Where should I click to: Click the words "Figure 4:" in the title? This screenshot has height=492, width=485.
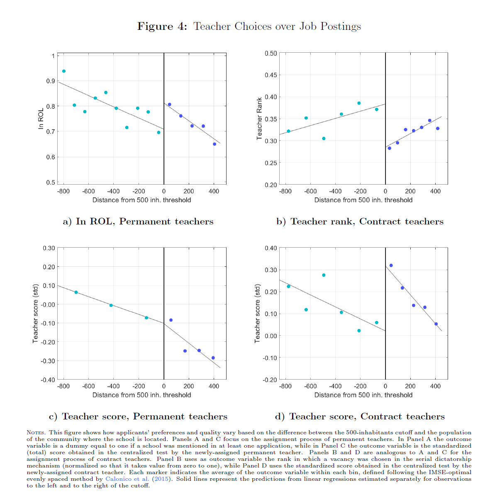coord(162,27)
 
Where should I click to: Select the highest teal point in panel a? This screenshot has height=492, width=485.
coord(64,71)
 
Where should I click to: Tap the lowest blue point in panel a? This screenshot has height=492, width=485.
coord(214,144)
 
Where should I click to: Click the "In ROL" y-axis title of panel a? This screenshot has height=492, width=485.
coord(41,119)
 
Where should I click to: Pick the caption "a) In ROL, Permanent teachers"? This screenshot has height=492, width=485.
coord(138,222)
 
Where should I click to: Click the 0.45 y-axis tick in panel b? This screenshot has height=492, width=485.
coord(271,75)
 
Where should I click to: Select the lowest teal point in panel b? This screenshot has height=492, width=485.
coord(324,139)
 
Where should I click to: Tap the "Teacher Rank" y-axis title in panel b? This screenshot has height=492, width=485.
coord(259,119)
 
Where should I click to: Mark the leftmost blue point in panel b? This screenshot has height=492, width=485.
coord(389,148)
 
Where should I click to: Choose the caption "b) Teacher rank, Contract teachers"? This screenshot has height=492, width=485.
coord(360,222)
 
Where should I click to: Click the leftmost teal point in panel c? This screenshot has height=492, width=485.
coord(76,292)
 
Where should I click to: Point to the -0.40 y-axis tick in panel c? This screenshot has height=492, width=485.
coord(48,380)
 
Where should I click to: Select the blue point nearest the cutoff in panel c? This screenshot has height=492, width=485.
coord(171,320)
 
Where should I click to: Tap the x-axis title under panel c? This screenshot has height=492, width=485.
coord(141,395)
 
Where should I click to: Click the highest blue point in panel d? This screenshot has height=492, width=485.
coord(391,265)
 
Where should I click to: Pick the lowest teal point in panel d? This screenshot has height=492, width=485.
coord(359,331)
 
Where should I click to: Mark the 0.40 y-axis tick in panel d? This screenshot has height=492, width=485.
coord(271,248)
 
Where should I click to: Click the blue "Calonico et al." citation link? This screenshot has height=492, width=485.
coord(127,479)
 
